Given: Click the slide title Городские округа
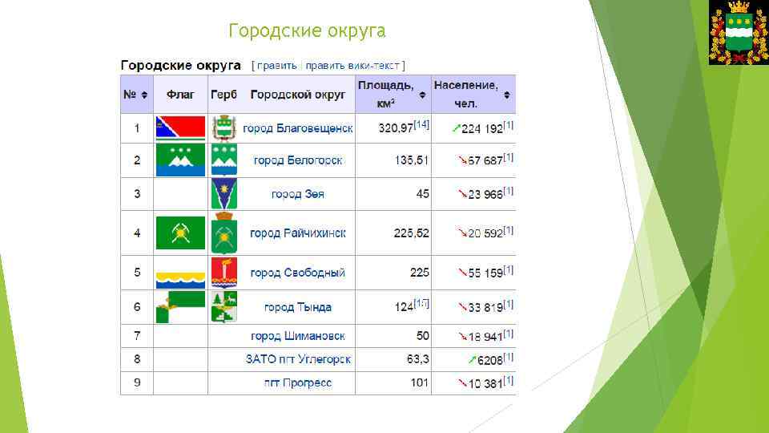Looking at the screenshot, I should coord(307,31).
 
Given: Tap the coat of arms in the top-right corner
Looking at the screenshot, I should coord(738,33).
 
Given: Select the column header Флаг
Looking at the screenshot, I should coord(180,95).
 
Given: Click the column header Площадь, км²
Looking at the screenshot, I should coord(386,94).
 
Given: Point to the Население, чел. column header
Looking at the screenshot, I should coord(465,94).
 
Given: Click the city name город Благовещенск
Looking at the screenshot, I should coord(297,128).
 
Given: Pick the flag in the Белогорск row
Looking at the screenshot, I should coord(180,160).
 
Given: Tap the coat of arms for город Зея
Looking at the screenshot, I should coord(224,194).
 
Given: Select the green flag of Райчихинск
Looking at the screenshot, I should coord(180,233).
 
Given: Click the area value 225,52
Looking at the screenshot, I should coord(411,233).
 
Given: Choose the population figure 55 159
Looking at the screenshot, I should coord(485,273).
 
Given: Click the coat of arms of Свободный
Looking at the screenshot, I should coord(224,273).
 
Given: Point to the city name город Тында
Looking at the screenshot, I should coord(297,307).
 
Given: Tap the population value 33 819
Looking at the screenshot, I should coord(485,307).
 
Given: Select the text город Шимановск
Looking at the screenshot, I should coord(297,336).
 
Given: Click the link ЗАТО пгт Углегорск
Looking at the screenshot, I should coord(298,359).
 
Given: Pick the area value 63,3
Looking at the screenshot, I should coord(417,359).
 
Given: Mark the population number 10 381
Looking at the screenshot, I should coord(485,383).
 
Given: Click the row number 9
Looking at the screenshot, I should coord(137,382).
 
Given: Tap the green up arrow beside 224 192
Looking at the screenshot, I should coord(456,128).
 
